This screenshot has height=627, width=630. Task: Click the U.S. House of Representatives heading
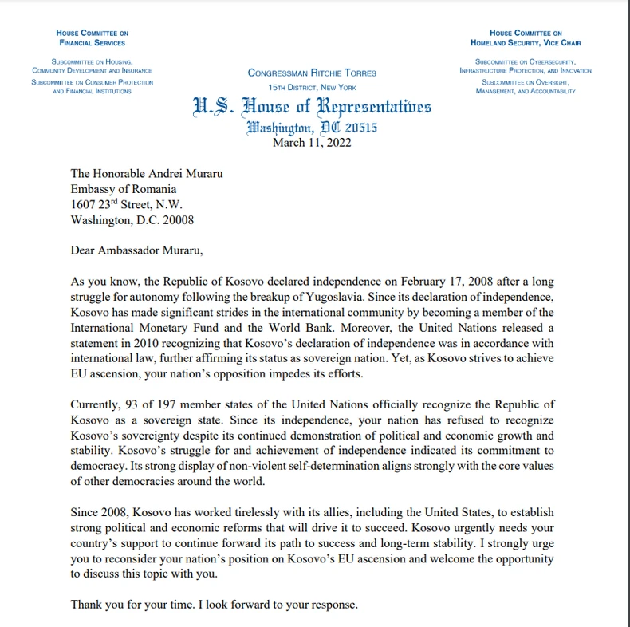[311, 107]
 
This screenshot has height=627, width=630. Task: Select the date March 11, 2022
[311, 143]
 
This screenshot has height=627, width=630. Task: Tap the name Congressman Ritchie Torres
[312, 73]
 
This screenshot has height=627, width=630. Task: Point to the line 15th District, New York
[312, 87]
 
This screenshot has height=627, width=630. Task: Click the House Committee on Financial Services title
[92, 37]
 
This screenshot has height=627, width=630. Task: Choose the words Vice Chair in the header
[563, 43]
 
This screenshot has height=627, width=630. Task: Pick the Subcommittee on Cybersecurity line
[526, 61]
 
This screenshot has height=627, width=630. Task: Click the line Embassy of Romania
[123, 189]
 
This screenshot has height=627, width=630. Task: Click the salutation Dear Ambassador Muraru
[137, 251]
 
